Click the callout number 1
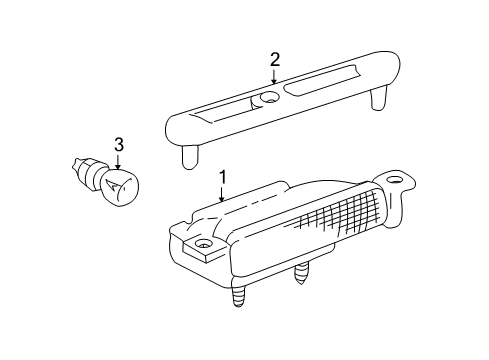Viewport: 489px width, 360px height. [x=223, y=177]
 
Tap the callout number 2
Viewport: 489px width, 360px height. [x=274, y=60]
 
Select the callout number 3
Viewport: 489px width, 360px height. [x=118, y=145]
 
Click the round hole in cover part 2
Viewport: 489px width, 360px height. [x=267, y=100]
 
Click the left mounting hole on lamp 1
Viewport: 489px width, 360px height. [x=204, y=245]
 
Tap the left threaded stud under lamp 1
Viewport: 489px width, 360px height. [x=239, y=298]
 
